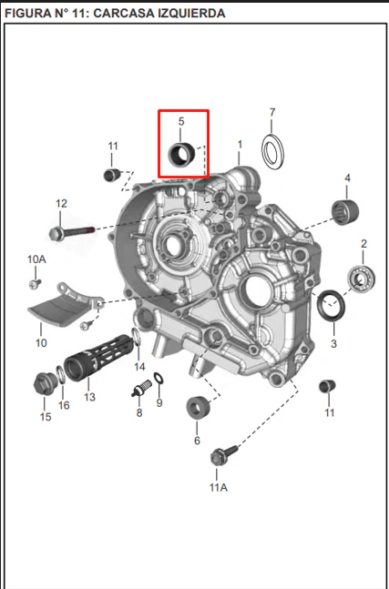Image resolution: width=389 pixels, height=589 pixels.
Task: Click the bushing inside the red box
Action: [x=181, y=155]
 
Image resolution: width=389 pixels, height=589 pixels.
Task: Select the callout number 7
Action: [x=272, y=112]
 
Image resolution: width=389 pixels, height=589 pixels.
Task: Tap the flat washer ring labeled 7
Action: [x=273, y=151]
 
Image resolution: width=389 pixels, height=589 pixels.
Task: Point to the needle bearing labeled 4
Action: [x=345, y=212]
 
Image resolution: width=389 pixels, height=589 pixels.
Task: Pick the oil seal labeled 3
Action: [x=331, y=306]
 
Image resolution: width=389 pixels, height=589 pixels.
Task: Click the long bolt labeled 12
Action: [x=71, y=233]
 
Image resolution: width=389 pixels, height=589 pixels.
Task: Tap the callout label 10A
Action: [x=36, y=259]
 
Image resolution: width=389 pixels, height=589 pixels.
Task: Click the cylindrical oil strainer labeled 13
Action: [x=98, y=357]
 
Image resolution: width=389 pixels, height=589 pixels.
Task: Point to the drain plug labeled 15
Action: [x=45, y=384]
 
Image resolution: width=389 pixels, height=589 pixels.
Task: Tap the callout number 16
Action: [x=64, y=405]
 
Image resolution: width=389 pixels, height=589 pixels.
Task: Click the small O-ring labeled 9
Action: [x=159, y=378]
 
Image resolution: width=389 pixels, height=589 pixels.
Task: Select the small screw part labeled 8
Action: [x=141, y=389]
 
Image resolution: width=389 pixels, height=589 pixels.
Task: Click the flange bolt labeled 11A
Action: [x=224, y=455]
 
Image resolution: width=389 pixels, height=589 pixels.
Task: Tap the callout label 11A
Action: [x=219, y=487]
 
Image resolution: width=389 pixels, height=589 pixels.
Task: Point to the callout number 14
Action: [x=139, y=367]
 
